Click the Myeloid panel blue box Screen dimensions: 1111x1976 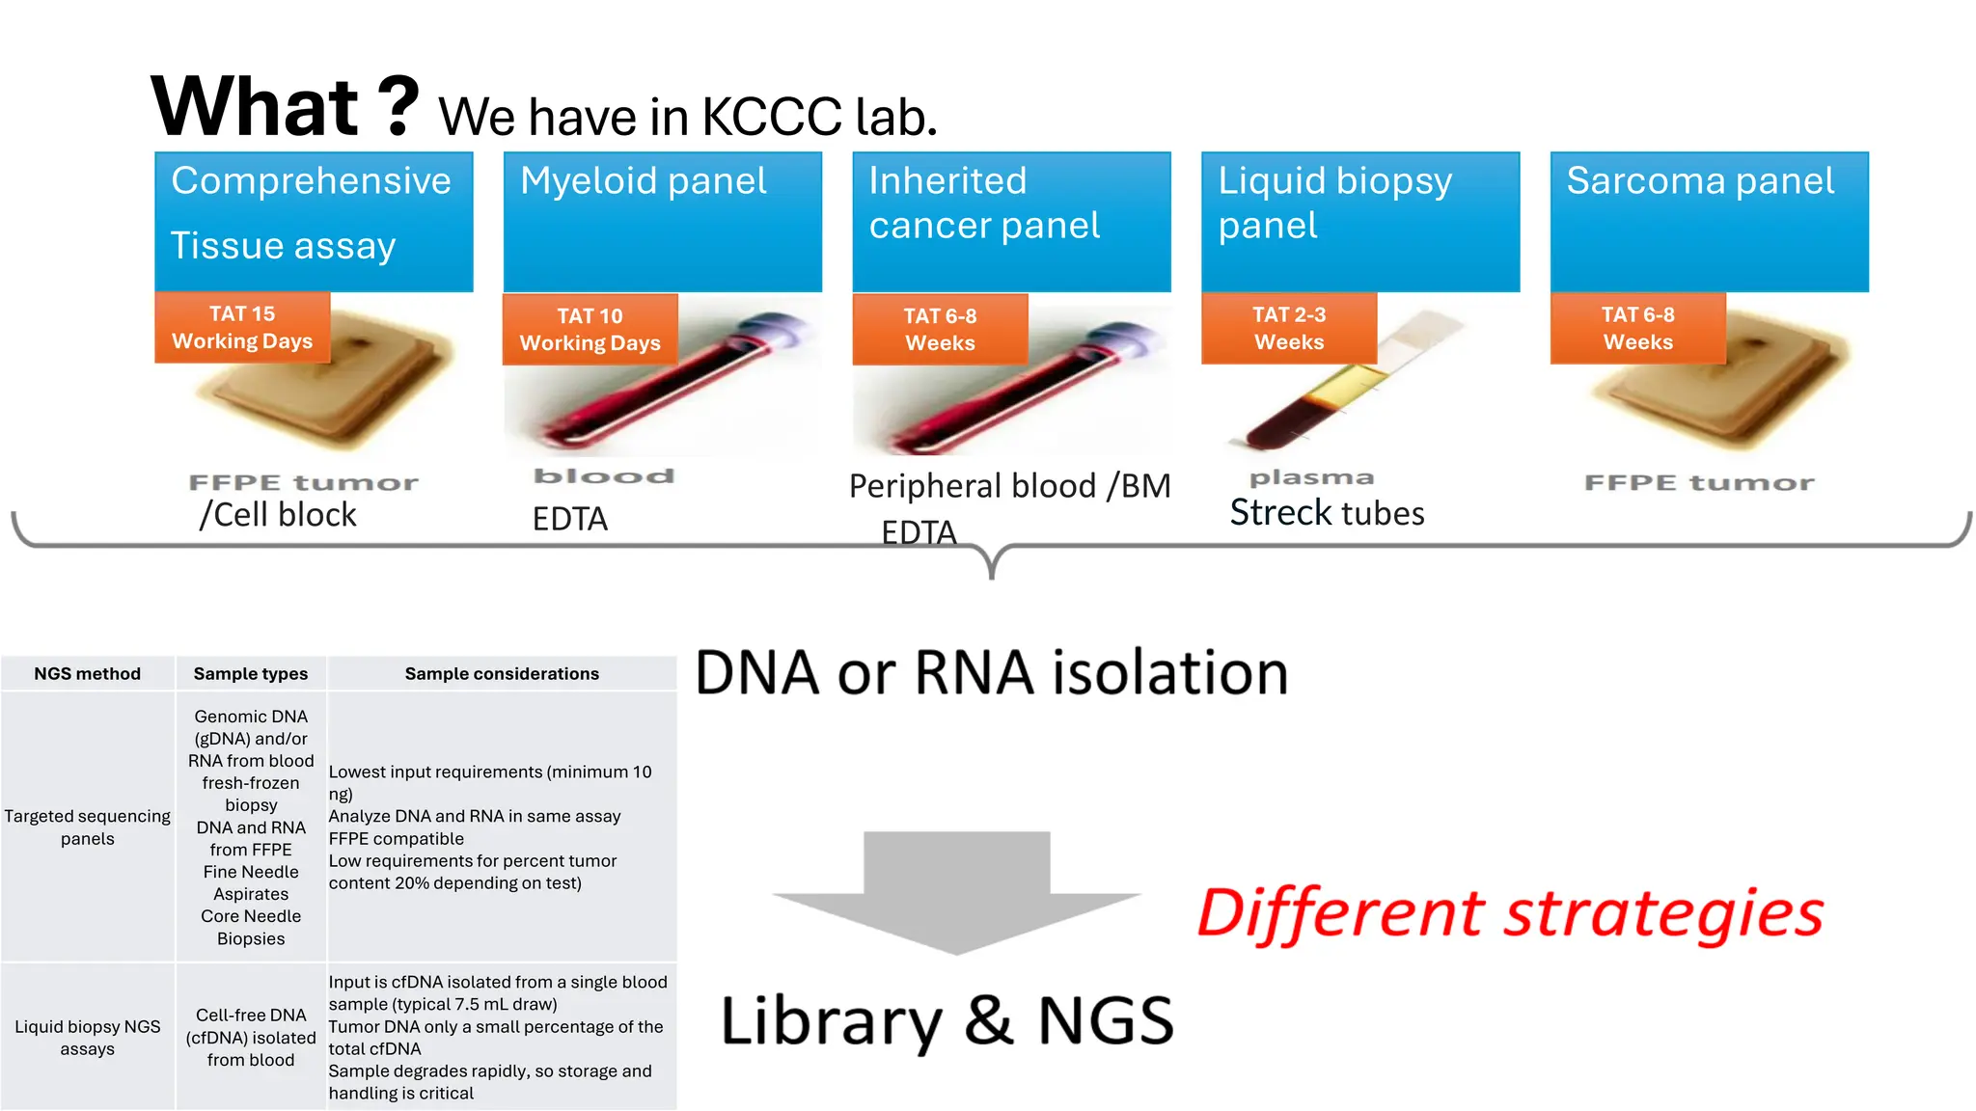coord(662,221)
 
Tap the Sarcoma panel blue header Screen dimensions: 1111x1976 coord(1709,221)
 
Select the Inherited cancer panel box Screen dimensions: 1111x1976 coord(1011,221)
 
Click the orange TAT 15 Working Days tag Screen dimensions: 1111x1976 coord(242,328)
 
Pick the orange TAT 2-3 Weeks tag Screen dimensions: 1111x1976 coord(1288,329)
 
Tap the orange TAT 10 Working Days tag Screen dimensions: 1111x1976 coord(590,330)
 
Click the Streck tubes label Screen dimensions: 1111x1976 coord(1327,513)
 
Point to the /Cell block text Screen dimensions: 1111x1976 coord(278,515)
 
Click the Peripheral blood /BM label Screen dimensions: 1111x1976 coord(1009,486)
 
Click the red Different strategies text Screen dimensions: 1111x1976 coord(1510,913)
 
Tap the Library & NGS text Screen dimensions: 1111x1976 coord(947,1021)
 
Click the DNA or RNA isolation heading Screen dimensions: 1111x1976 coord(991,672)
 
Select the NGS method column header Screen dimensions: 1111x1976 coord(87,674)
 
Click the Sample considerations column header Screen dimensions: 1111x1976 coord(502,674)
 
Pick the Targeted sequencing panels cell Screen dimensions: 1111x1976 coord(87,827)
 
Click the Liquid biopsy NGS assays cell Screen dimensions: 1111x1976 coord(87,1038)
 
